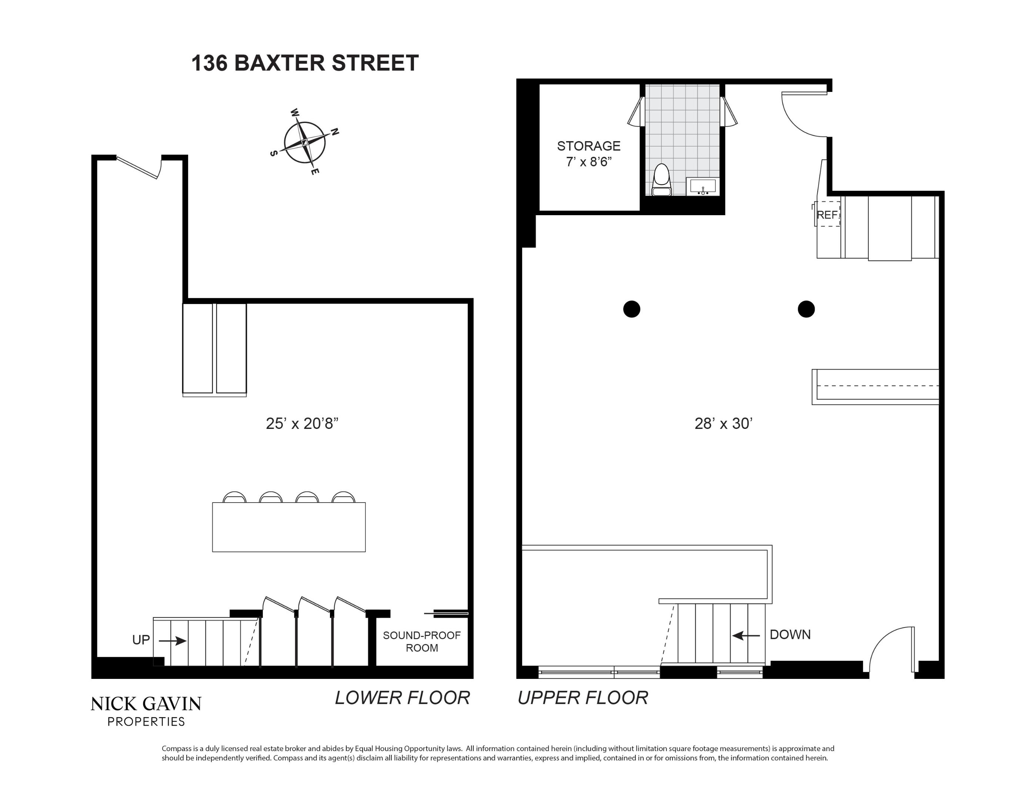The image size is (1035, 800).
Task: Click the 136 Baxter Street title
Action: click(305, 63)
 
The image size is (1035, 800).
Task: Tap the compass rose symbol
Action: click(305, 142)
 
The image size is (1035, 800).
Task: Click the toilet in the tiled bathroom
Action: click(661, 180)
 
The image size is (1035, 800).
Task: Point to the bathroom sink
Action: click(703, 186)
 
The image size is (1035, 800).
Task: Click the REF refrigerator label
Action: click(827, 215)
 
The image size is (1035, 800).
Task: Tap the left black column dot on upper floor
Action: click(631, 309)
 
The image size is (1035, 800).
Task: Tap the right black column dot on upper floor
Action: click(806, 309)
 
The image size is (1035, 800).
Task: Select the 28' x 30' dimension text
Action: click(723, 423)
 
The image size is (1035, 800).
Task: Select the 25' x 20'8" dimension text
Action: click(302, 423)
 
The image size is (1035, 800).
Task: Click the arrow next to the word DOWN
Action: click(746, 635)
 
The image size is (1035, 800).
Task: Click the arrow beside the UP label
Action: click(173, 641)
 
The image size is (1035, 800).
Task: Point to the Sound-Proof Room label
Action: click(421, 641)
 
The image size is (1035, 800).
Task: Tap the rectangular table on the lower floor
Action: click(288, 527)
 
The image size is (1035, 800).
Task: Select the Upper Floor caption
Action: click(582, 698)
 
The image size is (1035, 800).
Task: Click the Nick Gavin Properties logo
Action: click(146, 710)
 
